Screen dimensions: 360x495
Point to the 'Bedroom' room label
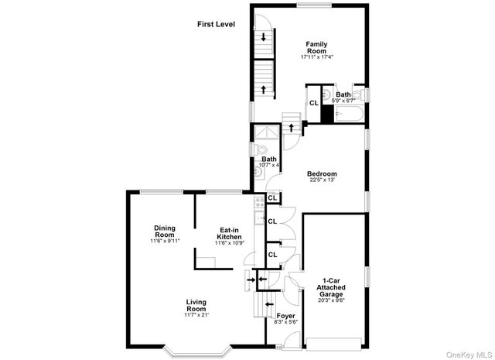323,173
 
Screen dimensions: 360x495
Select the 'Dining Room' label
164,231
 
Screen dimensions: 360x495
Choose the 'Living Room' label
196,306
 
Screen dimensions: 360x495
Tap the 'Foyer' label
285,316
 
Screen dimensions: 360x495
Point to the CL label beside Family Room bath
314,103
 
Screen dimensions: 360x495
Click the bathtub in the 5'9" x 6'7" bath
349,114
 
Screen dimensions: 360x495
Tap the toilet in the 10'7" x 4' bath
261,149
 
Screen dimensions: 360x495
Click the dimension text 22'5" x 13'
323,181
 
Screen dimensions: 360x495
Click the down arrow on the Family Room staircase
264,36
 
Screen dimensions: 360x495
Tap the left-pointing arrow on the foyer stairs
262,278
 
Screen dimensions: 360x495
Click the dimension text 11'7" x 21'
196,315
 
